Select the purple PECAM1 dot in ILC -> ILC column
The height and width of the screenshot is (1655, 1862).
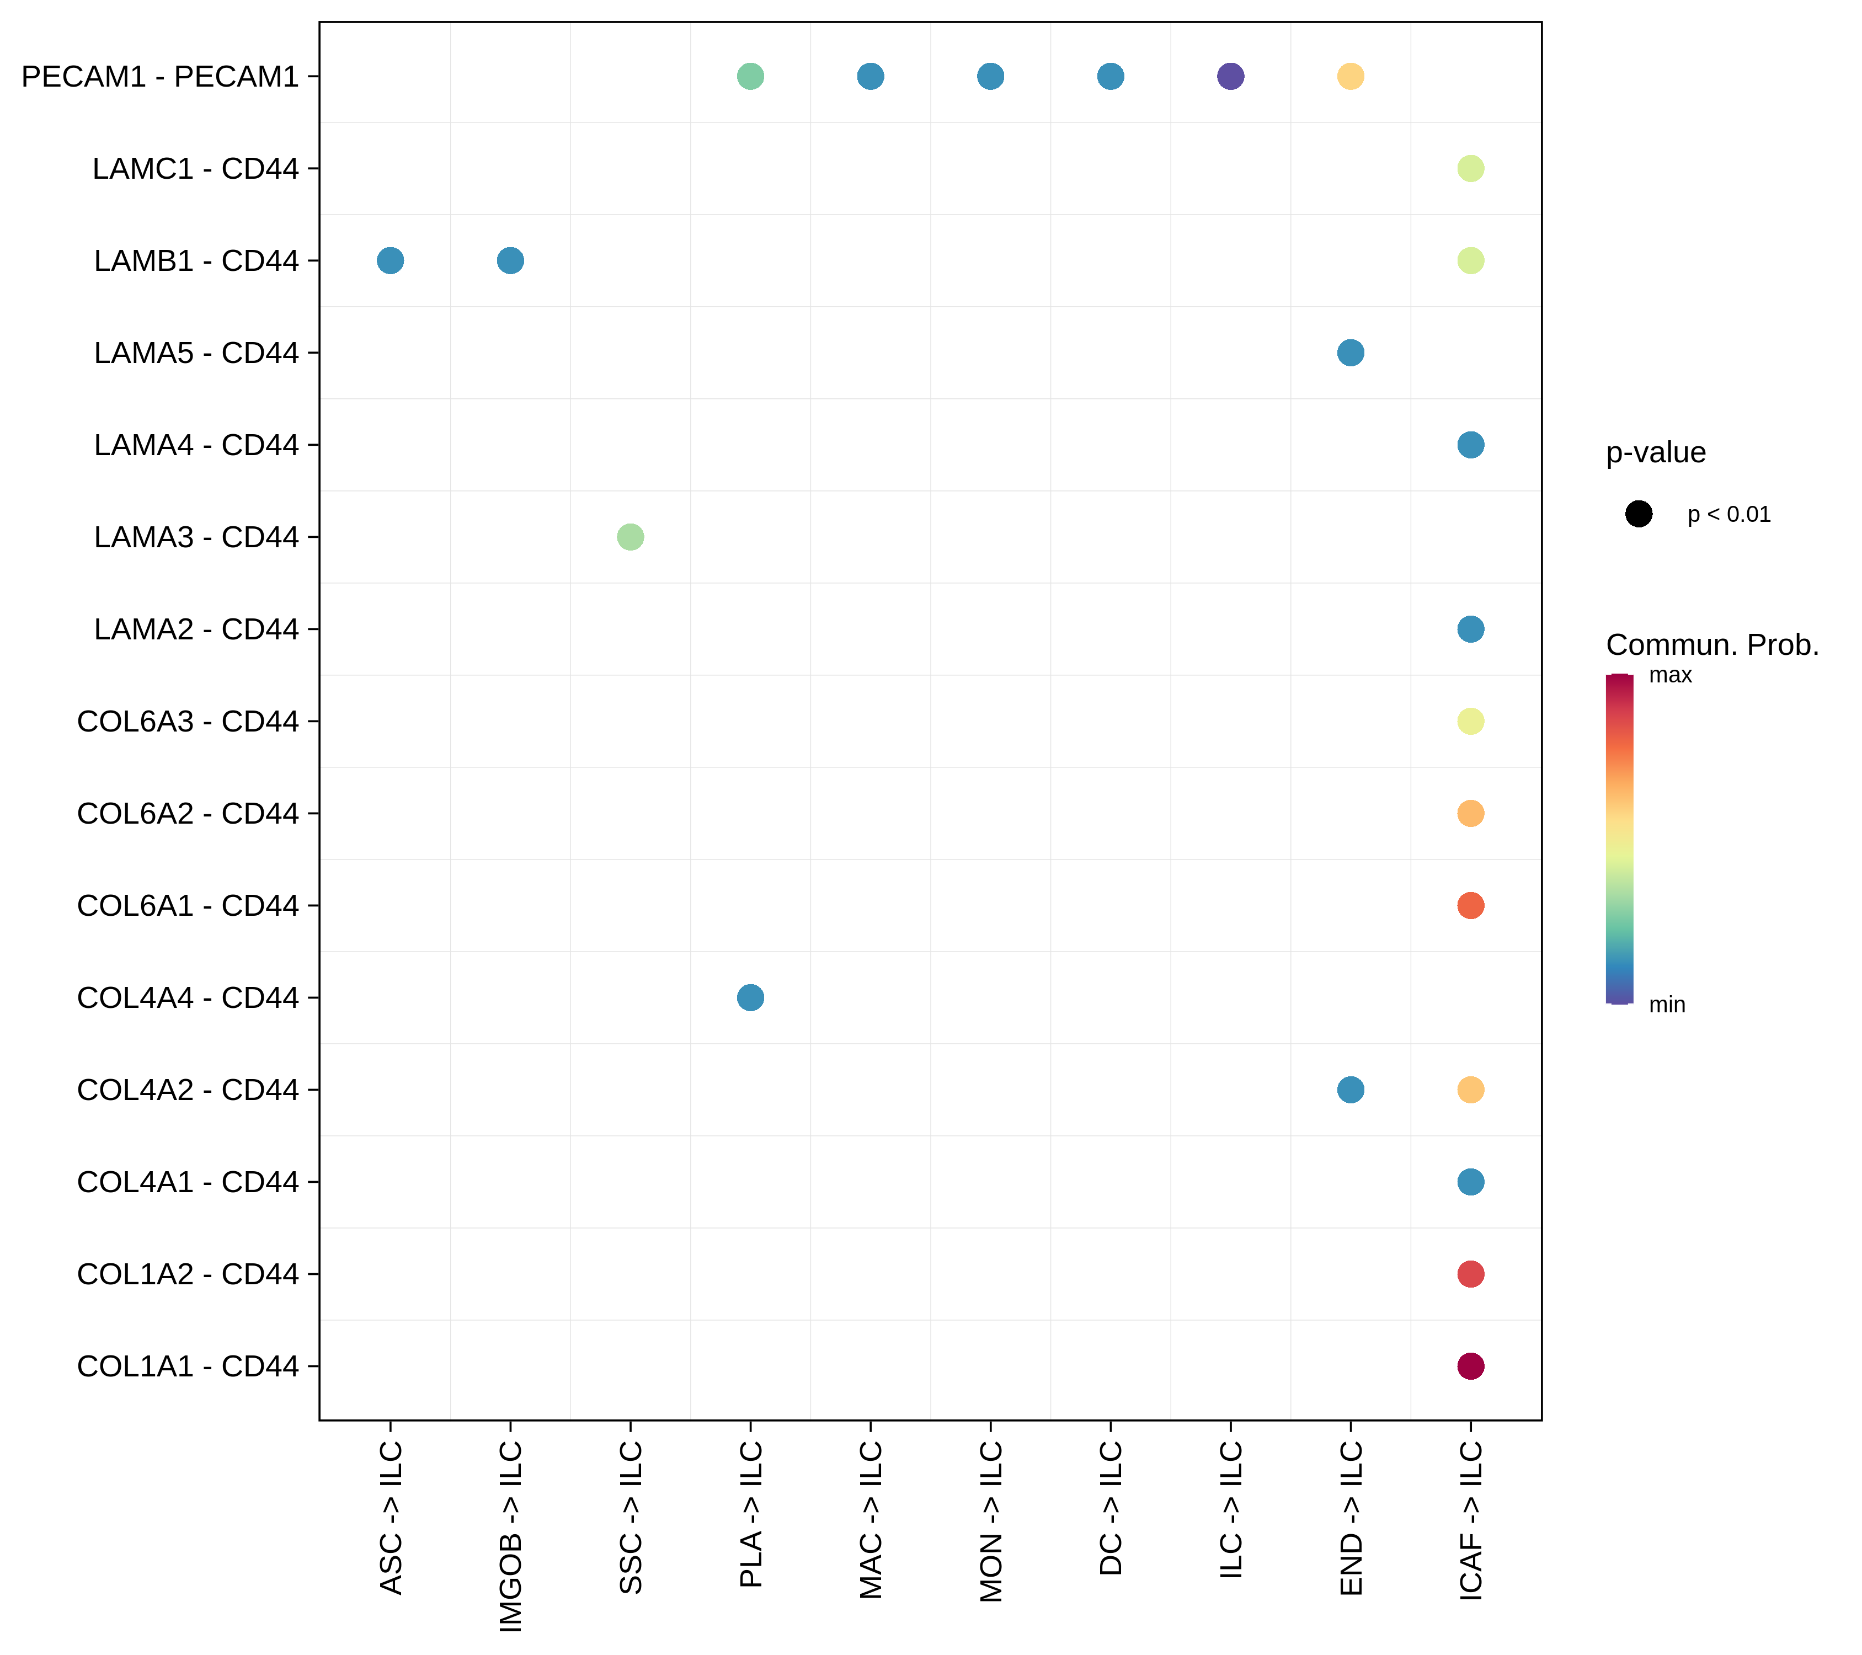1230,77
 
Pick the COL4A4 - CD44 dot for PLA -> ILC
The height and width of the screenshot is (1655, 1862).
750,997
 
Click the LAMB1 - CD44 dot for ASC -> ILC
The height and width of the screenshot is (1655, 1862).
390,260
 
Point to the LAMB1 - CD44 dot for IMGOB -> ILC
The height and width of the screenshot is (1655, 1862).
510,260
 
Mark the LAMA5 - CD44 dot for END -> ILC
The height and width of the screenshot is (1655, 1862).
1350,353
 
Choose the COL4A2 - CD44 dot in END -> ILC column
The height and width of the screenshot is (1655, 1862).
1350,1090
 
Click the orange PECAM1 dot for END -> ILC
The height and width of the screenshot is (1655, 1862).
1350,77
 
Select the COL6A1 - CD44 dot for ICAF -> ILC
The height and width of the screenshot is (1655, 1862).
1470,905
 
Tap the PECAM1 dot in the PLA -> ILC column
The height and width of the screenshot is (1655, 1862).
750,77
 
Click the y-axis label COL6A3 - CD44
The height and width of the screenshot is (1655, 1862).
188,722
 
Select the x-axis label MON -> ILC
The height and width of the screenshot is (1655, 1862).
990,1521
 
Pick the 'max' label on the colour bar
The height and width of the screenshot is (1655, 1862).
1670,675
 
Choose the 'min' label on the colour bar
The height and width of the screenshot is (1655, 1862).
1667,1005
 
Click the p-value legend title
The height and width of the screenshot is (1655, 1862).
1655,453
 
